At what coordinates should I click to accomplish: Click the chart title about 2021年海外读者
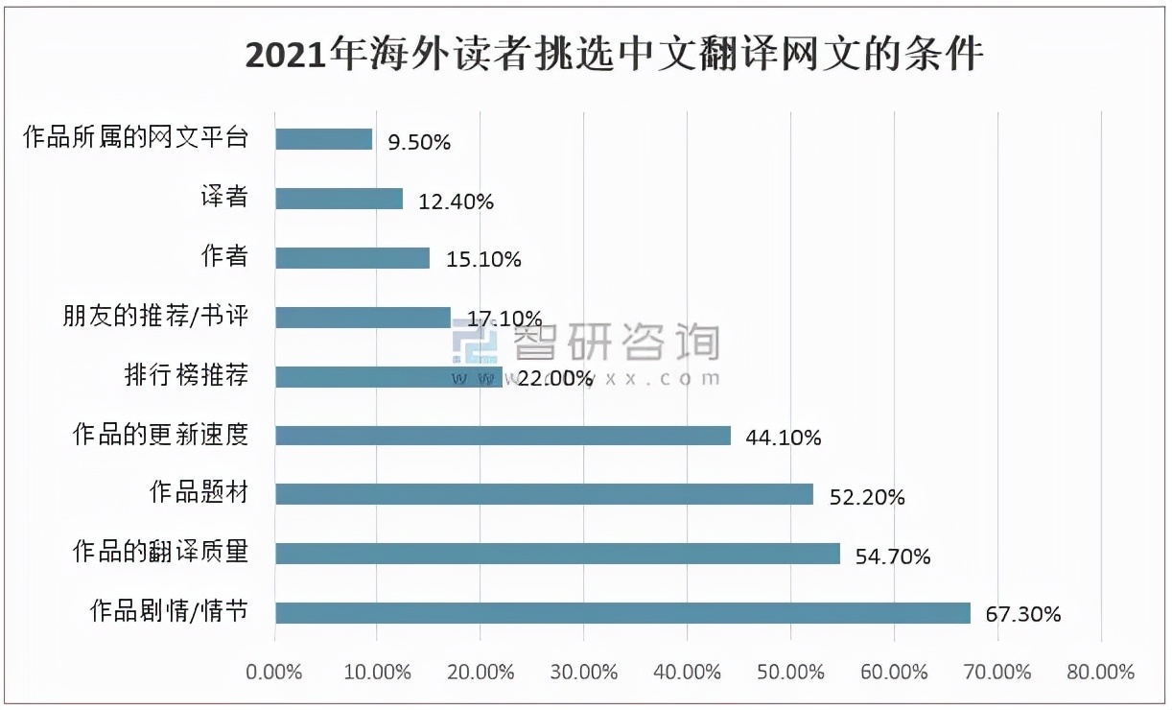614,54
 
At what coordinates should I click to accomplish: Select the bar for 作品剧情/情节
622,613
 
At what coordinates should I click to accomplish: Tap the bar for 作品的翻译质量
557,554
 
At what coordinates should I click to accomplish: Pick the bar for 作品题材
544,494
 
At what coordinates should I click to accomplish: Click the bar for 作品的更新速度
503,436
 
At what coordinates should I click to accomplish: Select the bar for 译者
339,199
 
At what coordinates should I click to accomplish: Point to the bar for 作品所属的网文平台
323,139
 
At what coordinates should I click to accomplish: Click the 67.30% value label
1023,615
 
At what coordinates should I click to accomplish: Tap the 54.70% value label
893,556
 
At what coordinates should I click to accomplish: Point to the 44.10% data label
784,438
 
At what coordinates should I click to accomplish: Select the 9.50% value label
419,142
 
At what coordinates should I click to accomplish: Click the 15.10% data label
483,260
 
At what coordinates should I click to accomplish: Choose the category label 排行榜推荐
186,375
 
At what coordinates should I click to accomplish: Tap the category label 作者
224,256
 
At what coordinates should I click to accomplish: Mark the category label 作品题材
199,494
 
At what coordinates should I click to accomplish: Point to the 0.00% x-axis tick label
274,672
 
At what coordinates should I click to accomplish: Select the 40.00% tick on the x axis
687,672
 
